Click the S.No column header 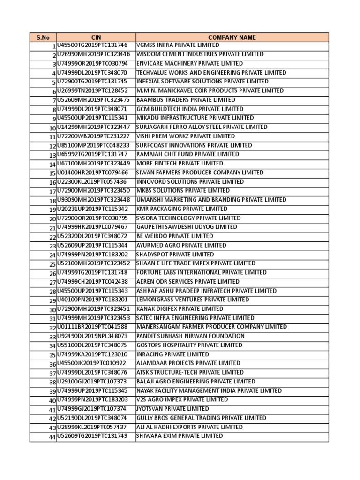(x=43, y=37)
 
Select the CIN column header (x=96, y=37)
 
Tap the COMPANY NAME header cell (x=232, y=37)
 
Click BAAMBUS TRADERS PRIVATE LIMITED (x=186, y=100)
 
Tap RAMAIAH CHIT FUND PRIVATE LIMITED (x=187, y=154)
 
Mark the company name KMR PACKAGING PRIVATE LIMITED (x=182, y=209)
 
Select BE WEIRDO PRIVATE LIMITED (x=174, y=236)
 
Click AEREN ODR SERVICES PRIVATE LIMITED (x=187, y=282)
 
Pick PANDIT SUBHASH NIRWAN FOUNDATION (x=190, y=336)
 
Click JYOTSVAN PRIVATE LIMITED (x=172, y=409)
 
